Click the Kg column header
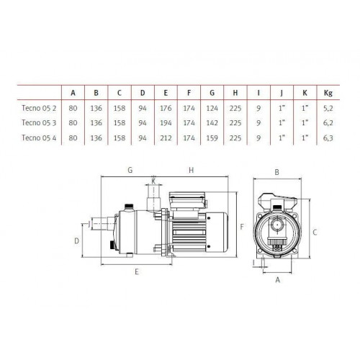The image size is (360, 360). pos(328,93)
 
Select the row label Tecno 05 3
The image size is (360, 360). pos(39,122)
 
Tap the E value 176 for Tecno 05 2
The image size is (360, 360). pos(166,108)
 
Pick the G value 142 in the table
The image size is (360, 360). pos(212,123)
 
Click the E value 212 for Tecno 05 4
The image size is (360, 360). pos(166,138)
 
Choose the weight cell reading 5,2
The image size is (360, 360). pos(328,109)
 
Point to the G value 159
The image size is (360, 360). pos(212,138)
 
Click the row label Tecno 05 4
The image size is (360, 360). pos(39,138)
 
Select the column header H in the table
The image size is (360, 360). pos(235,93)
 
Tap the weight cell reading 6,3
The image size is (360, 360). pos(328,138)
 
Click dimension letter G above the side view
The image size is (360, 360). pos(130,170)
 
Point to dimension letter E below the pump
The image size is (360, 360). pos(137,271)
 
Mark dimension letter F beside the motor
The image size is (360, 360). pos(242,227)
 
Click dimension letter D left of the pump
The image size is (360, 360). pos(76,241)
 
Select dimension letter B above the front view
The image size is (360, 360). pos(277,172)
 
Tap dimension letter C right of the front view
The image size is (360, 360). pos(315,233)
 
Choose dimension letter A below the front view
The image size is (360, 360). pos(278,280)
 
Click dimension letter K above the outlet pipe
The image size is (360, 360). pos(153,181)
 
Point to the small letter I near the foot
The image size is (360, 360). pos(253,263)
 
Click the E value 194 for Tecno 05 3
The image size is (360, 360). pos(166,123)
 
